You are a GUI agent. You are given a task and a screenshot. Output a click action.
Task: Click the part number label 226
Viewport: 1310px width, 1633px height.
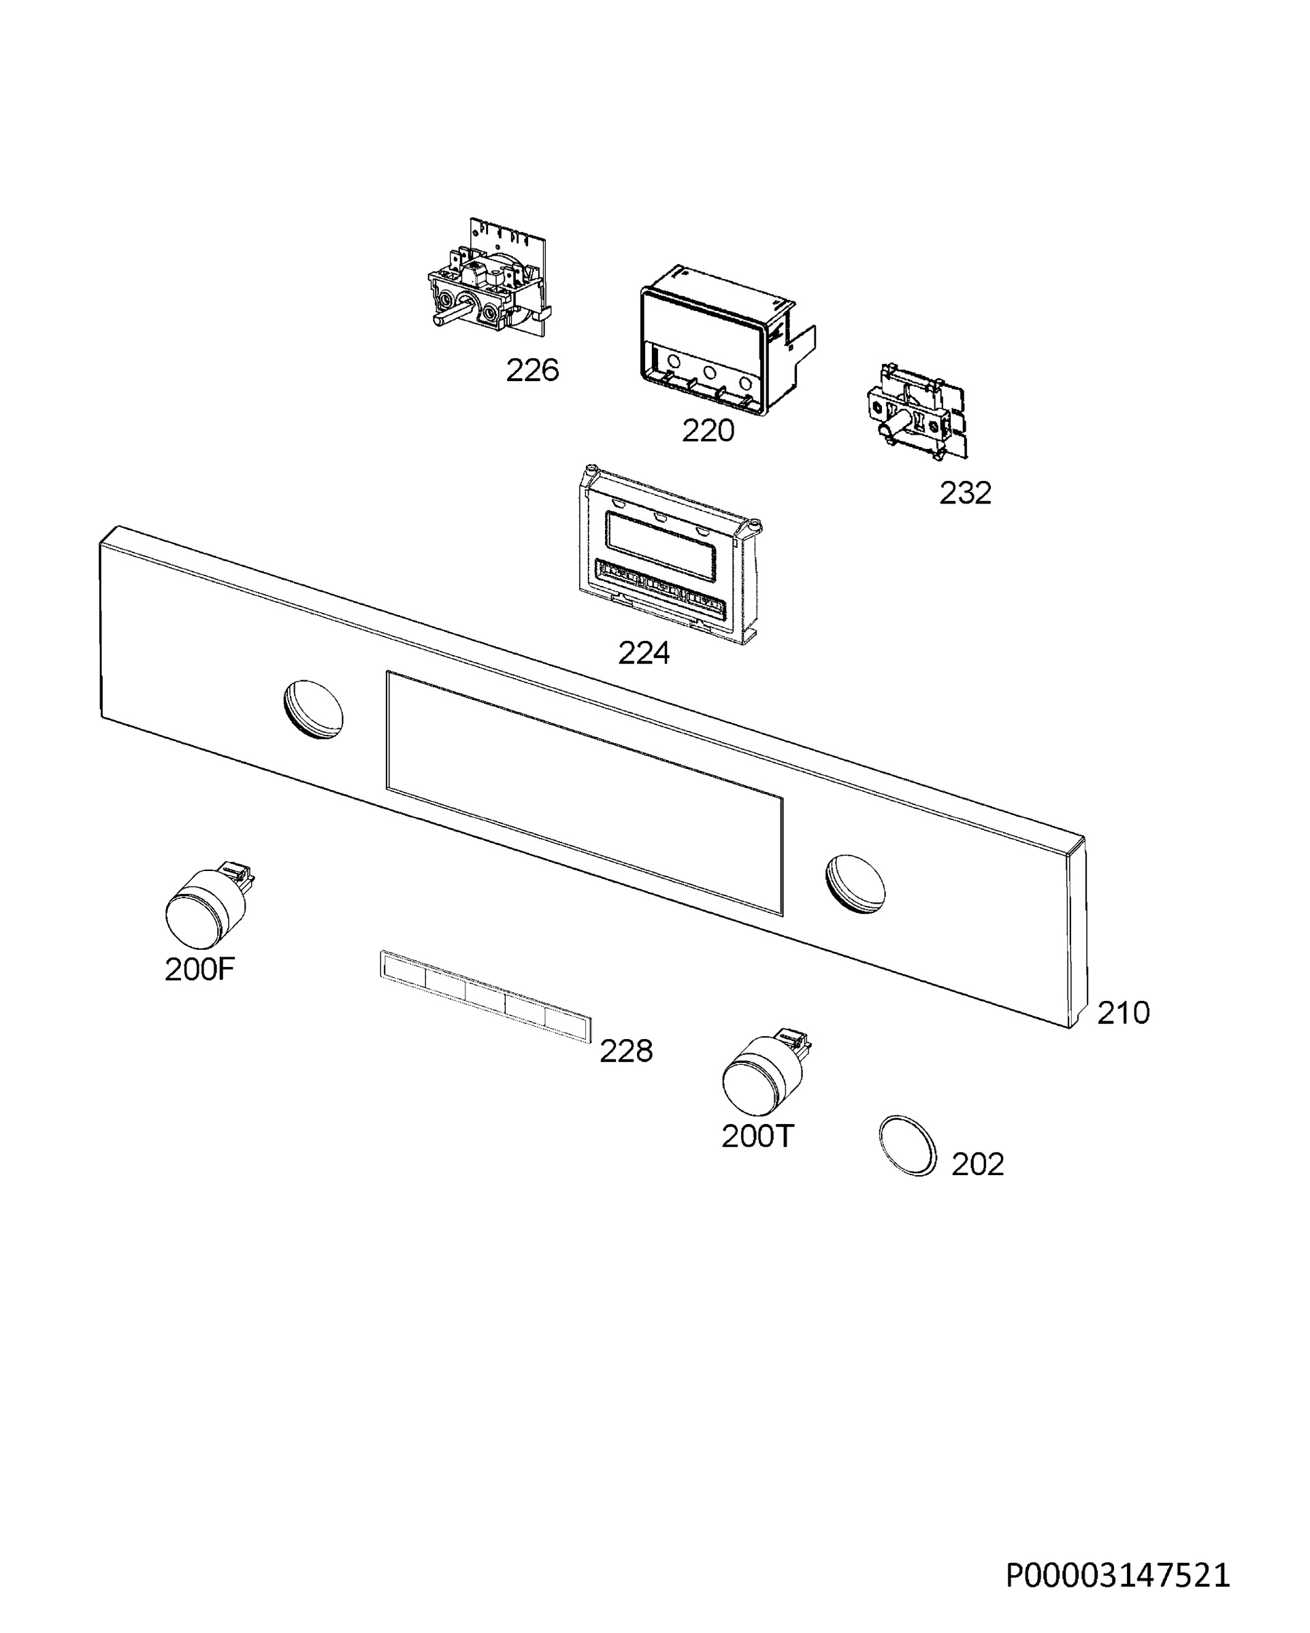(x=532, y=370)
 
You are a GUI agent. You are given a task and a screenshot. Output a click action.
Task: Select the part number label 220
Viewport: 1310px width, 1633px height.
(x=708, y=431)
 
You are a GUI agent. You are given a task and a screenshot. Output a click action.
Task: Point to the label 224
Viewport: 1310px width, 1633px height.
(x=644, y=653)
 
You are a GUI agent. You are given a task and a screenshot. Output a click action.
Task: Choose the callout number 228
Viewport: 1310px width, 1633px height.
(x=626, y=1051)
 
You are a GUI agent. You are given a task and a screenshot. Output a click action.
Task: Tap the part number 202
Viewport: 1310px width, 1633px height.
(x=977, y=1164)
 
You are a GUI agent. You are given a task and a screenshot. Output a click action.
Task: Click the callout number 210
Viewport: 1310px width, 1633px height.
(x=1124, y=1012)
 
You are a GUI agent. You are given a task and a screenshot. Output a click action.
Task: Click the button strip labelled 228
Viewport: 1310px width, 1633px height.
(x=485, y=997)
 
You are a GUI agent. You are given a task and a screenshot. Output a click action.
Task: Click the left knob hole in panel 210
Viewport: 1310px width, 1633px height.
(x=313, y=709)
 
